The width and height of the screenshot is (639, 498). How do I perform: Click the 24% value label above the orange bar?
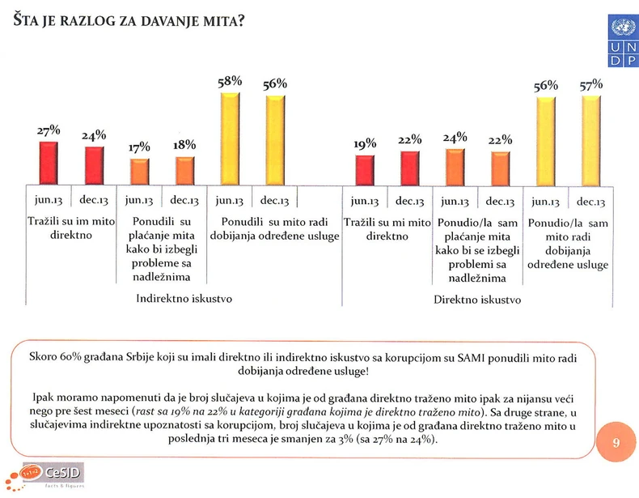pos(455,138)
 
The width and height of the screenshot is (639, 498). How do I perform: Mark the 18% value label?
pos(185,146)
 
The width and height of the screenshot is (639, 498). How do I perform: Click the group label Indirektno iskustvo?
pos(184,299)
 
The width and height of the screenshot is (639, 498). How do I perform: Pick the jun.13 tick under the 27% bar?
pos(50,200)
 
